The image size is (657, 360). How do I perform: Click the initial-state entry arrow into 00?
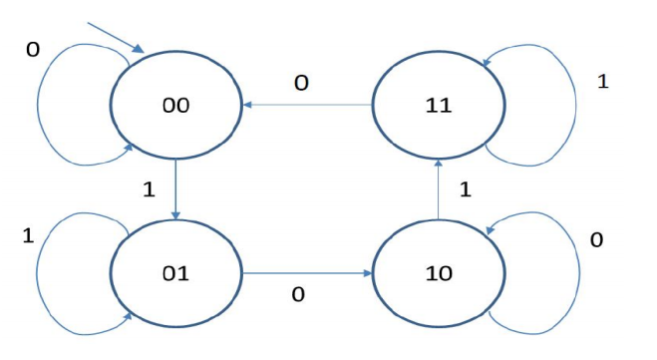coord(119,35)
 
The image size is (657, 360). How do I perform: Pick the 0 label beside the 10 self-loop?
coord(596,240)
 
